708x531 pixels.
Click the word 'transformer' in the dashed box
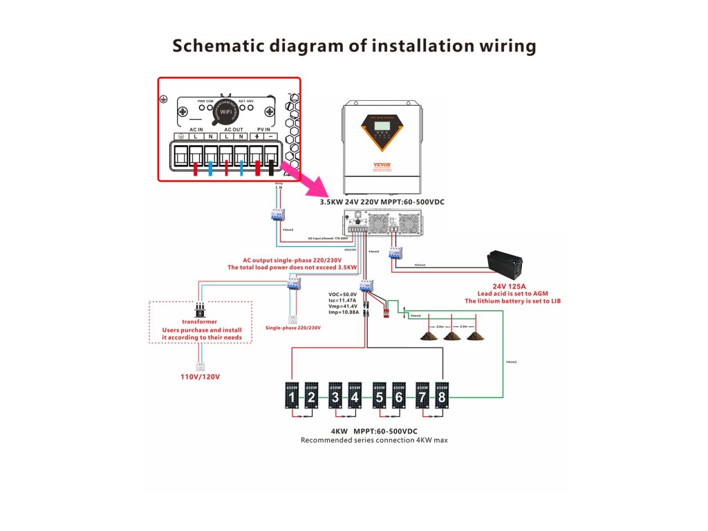[199, 322]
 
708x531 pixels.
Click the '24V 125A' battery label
[509, 285]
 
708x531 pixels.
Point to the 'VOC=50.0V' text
[344, 294]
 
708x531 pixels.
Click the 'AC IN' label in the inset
[196, 129]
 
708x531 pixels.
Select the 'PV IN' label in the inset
[264, 129]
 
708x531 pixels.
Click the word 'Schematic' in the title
[216, 46]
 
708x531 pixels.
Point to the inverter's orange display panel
[381, 129]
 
